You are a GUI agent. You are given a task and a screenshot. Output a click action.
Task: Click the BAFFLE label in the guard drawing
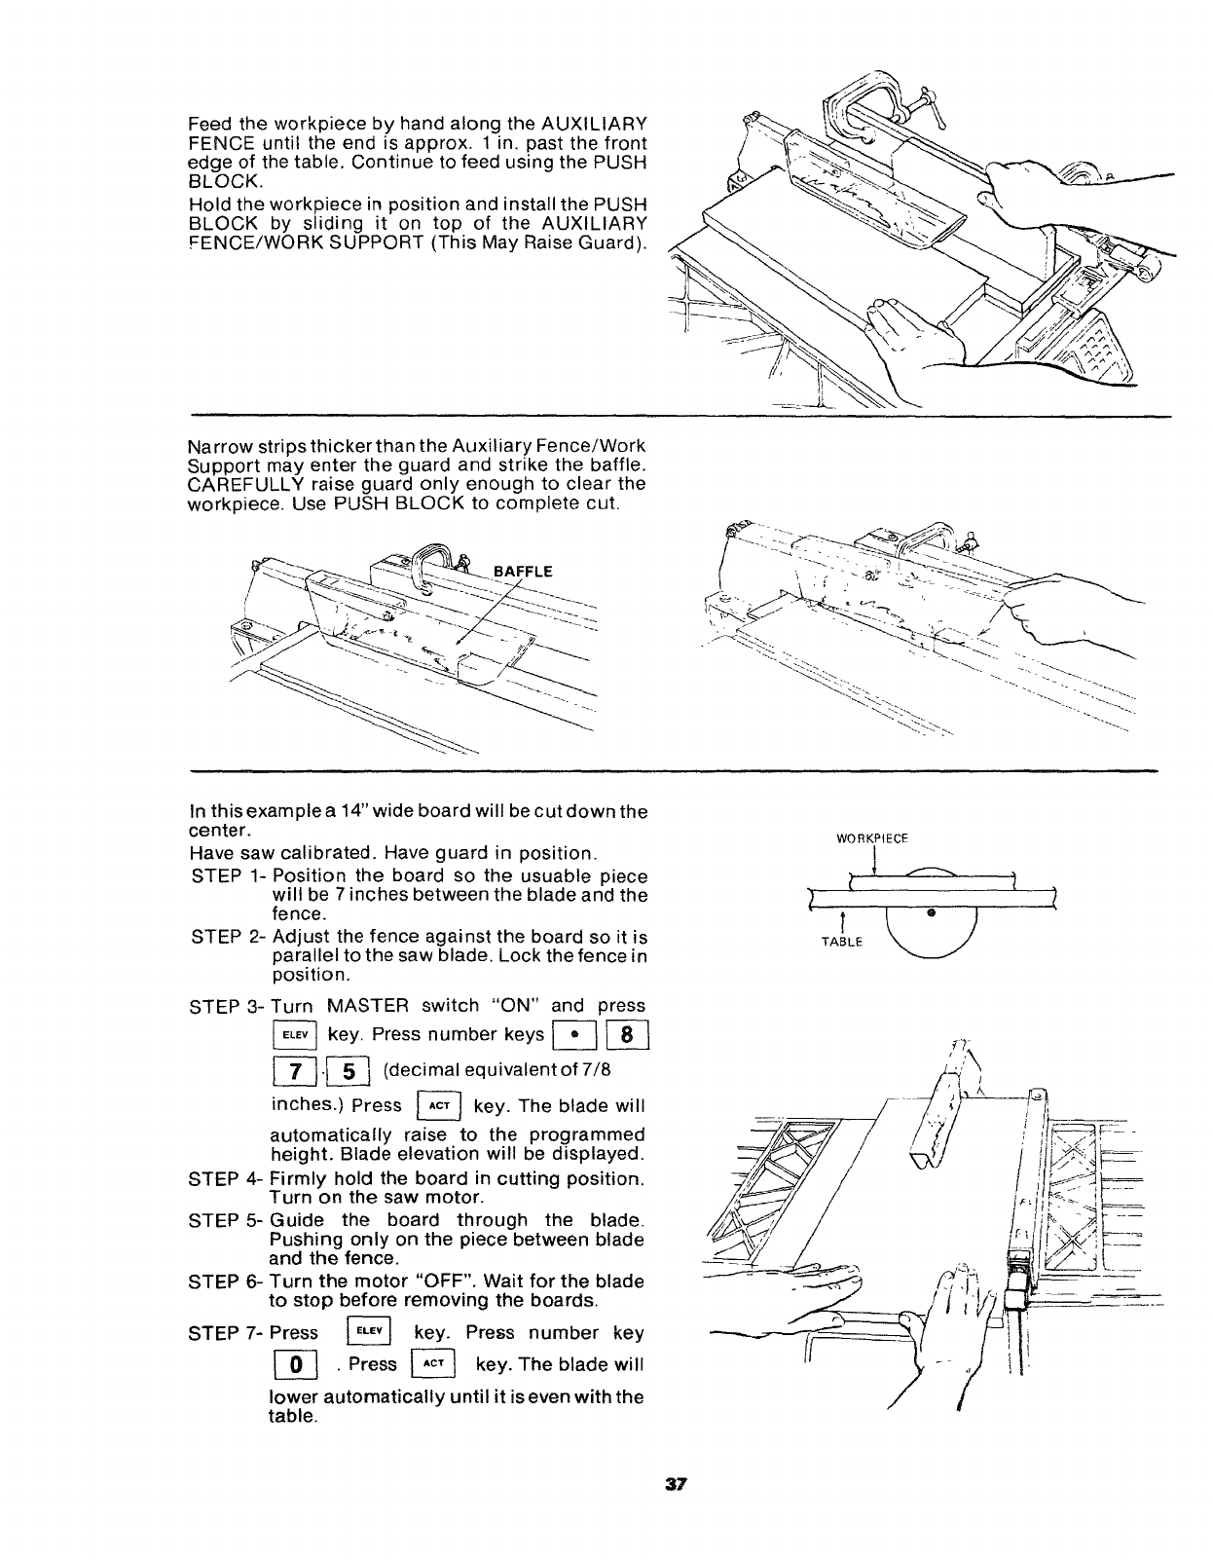coord(527,572)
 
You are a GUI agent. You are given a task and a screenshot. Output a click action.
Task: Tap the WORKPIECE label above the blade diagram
coord(873,838)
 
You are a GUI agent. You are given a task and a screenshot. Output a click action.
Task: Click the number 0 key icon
coord(290,1363)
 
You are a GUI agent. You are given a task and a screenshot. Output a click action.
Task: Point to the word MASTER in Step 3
coord(370,1005)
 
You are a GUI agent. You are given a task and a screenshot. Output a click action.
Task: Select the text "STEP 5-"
coord(224,1220)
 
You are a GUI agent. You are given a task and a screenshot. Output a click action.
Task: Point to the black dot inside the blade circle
coord(932,912)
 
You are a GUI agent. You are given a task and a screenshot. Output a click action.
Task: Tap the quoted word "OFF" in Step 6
coord(429,1281)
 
